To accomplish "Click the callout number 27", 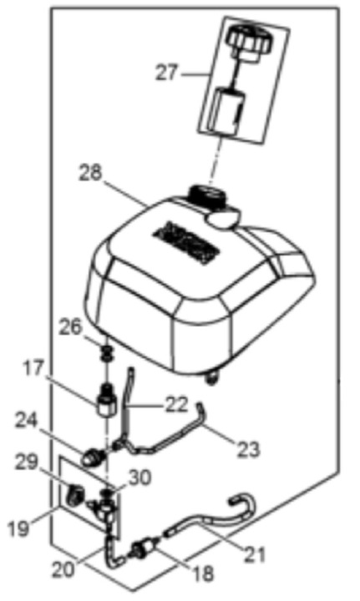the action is point(168,73).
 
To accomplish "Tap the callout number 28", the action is point(91,174).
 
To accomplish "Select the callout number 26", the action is point(70,328).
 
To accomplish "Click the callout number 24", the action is point(27,422).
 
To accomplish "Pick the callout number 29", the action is point(27,463).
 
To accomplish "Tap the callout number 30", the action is point(139,478).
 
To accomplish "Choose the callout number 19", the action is point(18,528).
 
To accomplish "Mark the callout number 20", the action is point(64,570).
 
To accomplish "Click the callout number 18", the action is point(203,573).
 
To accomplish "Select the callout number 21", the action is point(255,554).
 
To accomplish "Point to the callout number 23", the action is point(248,449).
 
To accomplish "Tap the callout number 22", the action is point(177,405).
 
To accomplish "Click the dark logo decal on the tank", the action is point(187,242).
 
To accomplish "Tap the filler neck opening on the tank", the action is point(207,195).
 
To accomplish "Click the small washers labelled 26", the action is point(108,352).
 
